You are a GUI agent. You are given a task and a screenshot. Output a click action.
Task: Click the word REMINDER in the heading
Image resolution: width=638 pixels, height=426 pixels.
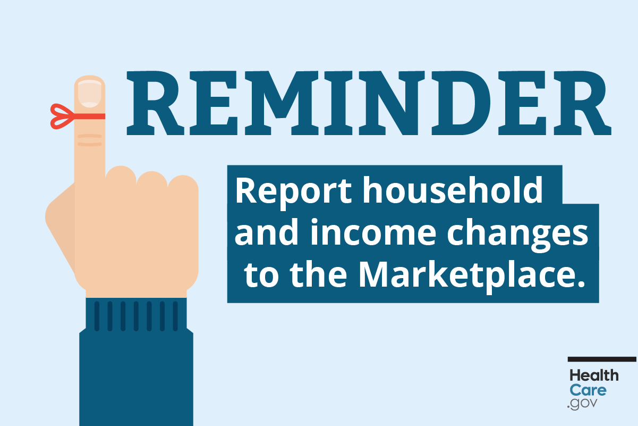pos(369,103)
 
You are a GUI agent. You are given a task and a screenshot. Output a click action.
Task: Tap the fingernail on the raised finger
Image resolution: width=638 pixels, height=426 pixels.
pos(90,94)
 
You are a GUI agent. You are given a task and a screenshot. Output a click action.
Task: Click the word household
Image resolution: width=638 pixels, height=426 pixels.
pos(452,190)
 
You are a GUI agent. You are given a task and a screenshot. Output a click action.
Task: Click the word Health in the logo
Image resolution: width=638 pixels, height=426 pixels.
pos(594,375)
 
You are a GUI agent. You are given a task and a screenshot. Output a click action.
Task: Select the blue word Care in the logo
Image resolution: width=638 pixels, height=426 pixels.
pos(588,390)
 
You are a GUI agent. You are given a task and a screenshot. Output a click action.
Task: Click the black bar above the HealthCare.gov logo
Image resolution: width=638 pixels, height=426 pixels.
pos(602,359)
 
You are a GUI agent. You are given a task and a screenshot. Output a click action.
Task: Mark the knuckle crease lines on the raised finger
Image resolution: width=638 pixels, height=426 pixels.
pos(90,140)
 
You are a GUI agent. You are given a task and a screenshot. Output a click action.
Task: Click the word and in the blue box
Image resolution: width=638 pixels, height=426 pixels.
pos(266,232)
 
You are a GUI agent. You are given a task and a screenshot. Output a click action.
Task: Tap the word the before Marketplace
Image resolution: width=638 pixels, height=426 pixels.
pos(318,275)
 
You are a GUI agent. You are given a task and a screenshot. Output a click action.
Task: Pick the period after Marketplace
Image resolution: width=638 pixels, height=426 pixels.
pos(580,283)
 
